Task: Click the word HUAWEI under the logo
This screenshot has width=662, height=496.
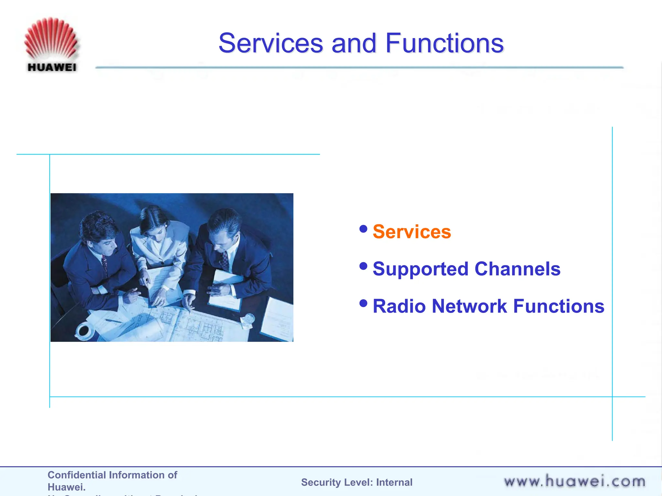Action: pyautogui.click(x=52, y=67)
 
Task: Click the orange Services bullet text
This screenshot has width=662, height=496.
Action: pyautogui.click(x=411, y=232)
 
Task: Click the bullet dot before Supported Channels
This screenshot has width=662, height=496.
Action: pyautogui.click(x=363, y=266)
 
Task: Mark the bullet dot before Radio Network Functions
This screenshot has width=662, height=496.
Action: pyautogui.click(x=363, y=303)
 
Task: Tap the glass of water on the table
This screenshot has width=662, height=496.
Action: pyautogui.click(x=249, y=320)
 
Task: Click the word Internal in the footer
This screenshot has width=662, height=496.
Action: pyautogui.click(x=394, y=482)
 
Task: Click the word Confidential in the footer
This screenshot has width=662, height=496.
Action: pyautogui.click(x=77, y=475)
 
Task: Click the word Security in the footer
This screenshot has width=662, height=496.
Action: pyautogui.click(x=321, y=482)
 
